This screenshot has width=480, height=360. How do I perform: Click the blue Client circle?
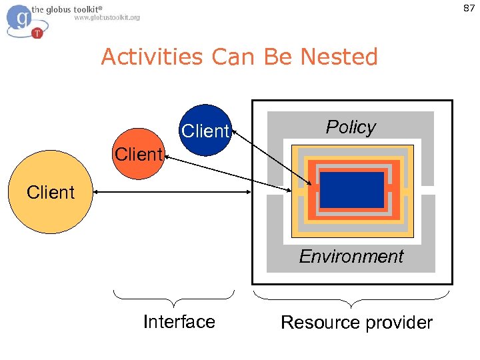(205, 130)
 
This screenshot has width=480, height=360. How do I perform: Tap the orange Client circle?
(138, 154)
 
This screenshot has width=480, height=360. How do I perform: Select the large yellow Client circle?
(51, 193)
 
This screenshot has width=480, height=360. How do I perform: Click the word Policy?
(351, 127)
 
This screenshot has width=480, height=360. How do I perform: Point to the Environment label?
(351, 256)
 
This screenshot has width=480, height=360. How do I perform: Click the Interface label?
(179, 321)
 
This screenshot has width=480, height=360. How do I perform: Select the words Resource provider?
(356, 323)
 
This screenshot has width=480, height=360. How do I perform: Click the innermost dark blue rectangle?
(351, 190)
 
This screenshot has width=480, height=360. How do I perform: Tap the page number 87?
(468, 7)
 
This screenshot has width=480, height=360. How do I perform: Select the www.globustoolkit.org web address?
(107, 18)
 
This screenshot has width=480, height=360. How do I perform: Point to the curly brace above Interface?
(174, 294)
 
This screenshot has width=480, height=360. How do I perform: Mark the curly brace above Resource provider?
(351, 294)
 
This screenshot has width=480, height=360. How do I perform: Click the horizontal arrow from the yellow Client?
(172, 193)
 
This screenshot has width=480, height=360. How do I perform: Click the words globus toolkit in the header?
(67, 8)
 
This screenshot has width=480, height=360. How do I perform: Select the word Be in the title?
(280, 57)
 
